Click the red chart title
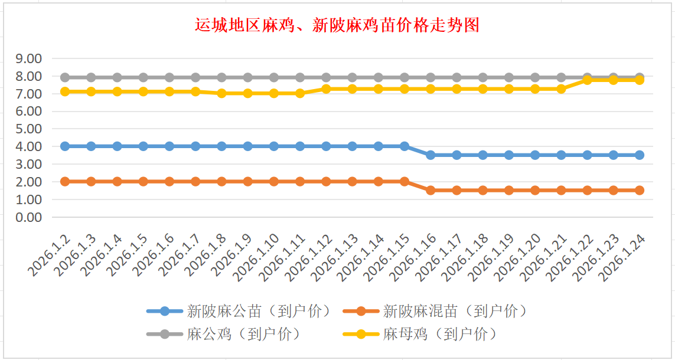click(337, 25)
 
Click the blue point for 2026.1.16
click(431, 155)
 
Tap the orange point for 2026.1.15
click(405, 181)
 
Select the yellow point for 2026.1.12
click(326, 89)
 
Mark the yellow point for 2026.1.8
click(221, 93)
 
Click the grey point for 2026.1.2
click(65, 77)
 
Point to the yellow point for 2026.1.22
click(587, 80)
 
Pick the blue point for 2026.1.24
click(639, 155)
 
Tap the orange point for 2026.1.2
click(65, 181)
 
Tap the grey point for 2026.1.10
click(274, 77)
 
